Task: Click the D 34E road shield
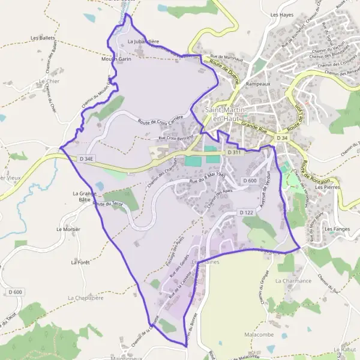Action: pos(87,158)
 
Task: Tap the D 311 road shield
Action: pos(234,153)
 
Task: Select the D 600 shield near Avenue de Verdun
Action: pos(250,181)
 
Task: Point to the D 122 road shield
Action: pos(246,212)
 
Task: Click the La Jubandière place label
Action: pos(143,41)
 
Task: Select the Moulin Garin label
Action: pos(116,59)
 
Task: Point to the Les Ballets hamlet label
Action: pos(43,38)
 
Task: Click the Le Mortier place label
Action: pos(68,229)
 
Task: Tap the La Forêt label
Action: pos(80,262)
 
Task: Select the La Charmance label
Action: pos(293,280)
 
